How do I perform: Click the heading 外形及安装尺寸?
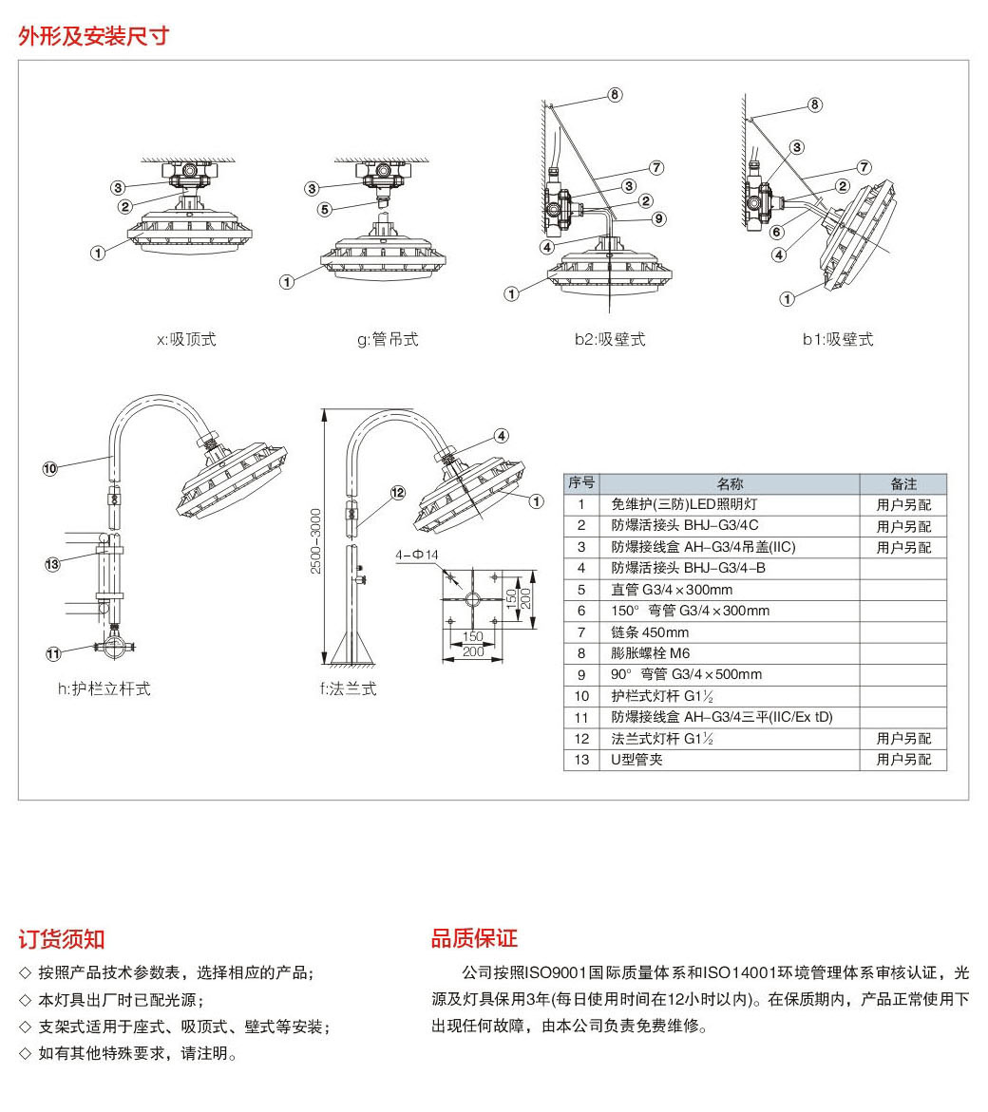click(93, 36)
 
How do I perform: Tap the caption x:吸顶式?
click(186, 339)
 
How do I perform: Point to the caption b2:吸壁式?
click(609, 339)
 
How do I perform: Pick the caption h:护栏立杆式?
click(104, 688)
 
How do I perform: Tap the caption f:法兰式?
click(348, 688)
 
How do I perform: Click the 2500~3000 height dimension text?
click(316, 540)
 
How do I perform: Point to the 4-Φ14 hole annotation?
click(418, 554)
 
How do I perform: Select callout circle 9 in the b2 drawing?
click(659, 218)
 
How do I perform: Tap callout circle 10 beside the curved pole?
click(50, 467)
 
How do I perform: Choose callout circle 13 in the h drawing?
click(52, 564)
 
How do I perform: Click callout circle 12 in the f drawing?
click(397, 493)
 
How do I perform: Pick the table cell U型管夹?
click(636, 760)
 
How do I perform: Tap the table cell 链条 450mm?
click(650, 632)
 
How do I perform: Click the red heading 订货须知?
click(62, 940)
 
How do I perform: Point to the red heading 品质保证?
click(474, 939)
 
